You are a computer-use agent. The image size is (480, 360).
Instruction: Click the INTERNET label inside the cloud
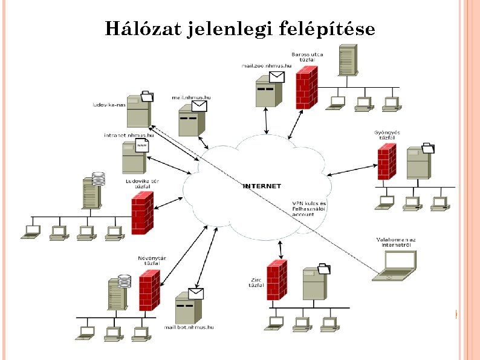tap(262, 186)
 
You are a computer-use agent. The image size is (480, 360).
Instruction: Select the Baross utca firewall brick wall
tap(307, 87)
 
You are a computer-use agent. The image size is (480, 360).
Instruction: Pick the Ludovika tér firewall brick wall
tap(142, 212)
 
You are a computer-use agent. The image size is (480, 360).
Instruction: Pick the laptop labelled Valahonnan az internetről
tap(395, 266)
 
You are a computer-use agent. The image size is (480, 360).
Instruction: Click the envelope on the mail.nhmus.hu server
tap(199, 106)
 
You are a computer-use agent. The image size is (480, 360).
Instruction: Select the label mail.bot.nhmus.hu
tap(190, 327)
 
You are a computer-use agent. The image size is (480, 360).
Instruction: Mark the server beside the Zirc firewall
tap(315, 282)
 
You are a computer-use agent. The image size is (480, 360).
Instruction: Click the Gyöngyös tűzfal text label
tap(388, 134)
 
